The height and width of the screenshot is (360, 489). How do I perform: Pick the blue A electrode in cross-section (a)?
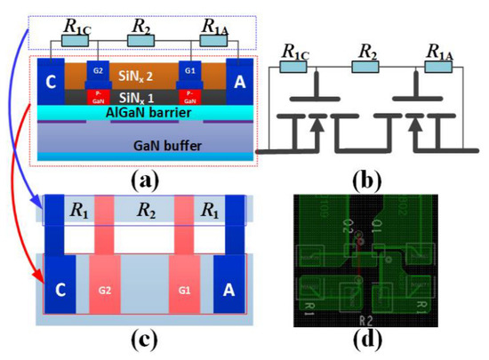pos(237,81)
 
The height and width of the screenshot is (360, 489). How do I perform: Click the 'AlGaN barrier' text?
pos(146,113)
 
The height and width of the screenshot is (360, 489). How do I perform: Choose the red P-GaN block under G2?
pos(99,96)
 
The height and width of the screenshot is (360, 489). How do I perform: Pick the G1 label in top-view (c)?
pos(186,290)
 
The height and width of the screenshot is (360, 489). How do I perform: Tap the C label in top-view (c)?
pos(60,288)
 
